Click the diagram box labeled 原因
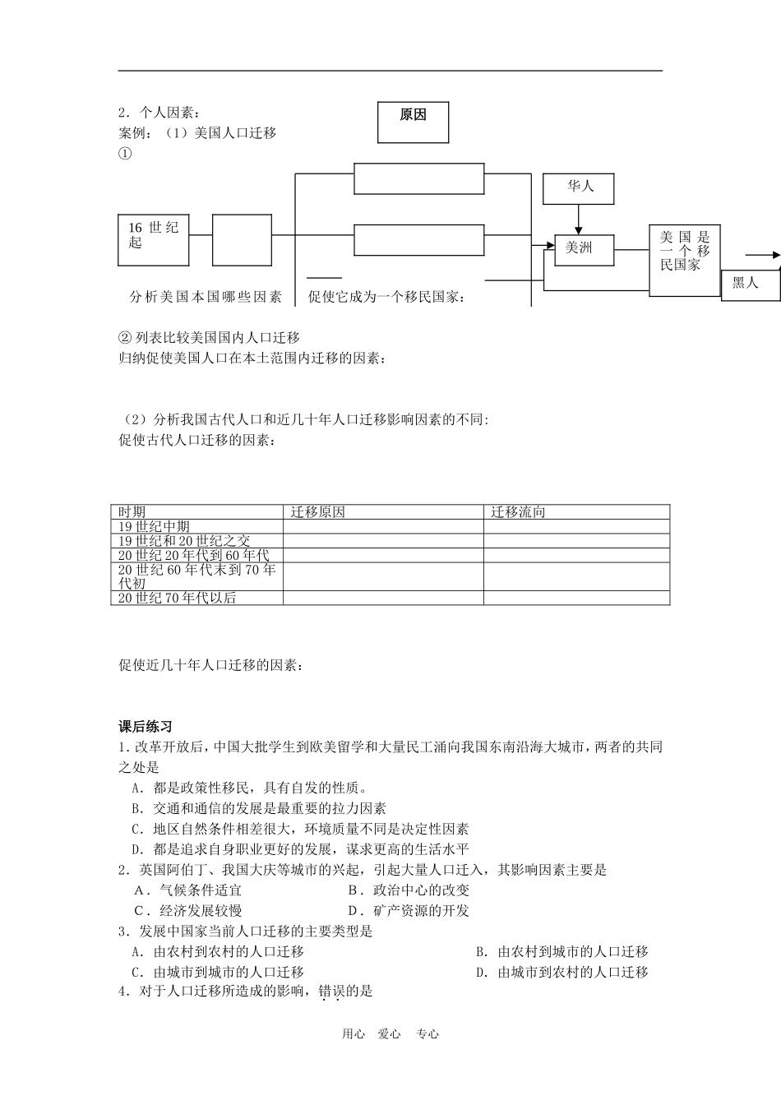[414, 123]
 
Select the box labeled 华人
[580, 188]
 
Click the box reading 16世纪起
[154, 240]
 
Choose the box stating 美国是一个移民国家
[685, 260]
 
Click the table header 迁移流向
[518, 511]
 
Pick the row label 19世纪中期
[154, 526]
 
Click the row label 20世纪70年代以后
[177, 598]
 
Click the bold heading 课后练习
[146, 727]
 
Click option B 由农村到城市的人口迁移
[562, 951]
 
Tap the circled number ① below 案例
[125, 153]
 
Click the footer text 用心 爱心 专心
[390, 1034]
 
